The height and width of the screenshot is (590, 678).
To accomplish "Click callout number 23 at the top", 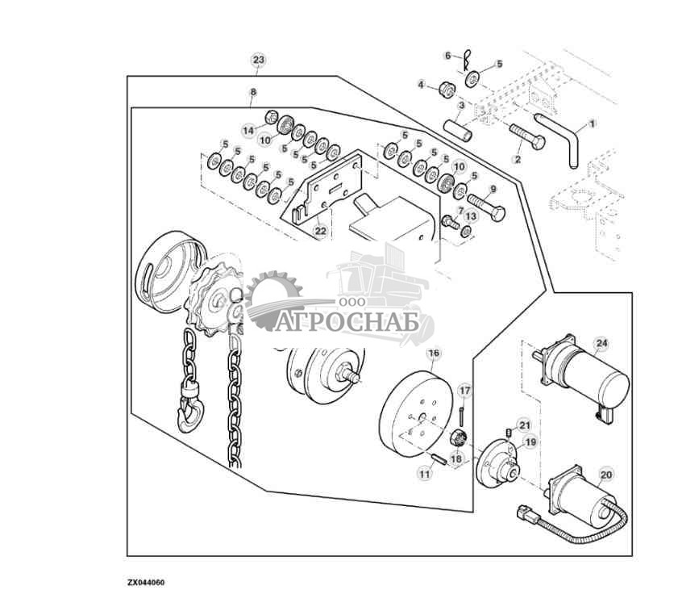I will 258,61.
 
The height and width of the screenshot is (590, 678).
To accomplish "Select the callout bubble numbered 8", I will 253,93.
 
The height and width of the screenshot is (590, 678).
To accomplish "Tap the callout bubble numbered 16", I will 433,354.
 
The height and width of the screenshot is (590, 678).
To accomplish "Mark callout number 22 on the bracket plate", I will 320,232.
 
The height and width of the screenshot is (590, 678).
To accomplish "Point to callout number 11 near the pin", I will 424,475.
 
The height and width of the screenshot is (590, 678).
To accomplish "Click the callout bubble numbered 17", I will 464,391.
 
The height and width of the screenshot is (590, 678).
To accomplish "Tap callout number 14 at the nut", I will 248,130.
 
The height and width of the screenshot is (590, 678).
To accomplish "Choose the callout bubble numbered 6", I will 448,55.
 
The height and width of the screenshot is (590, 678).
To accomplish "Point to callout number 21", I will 523,425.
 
